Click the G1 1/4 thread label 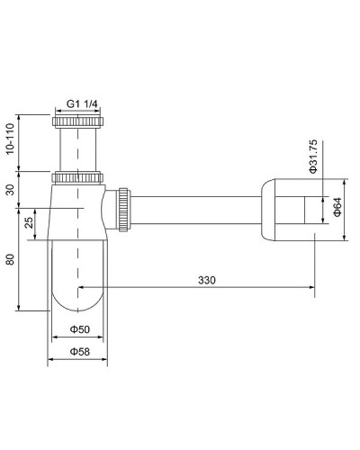coord(78,103)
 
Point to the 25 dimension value coord(30,222)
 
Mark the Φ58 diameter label coord(78,353)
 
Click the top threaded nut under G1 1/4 coord(78,121)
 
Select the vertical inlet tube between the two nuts coord(78,148)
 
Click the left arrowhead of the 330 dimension coord(84,288)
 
